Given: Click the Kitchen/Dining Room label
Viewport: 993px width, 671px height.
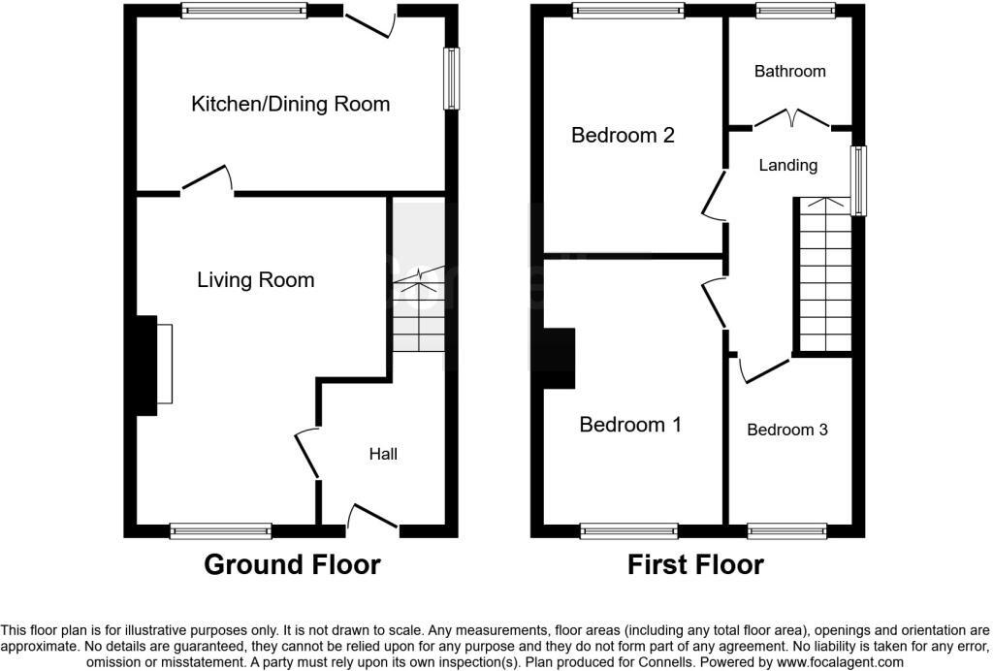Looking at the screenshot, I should click(291, 104).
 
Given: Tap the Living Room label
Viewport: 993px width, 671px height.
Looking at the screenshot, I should click(256, 280).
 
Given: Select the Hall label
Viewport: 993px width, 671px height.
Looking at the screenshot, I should click(383, 454).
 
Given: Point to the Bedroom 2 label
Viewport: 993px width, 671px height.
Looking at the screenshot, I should click(623, 135).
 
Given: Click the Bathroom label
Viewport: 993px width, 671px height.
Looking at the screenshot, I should click(790, 71).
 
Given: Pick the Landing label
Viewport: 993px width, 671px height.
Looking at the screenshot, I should click(787, 165).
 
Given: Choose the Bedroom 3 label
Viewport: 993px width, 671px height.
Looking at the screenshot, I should click(787, 430).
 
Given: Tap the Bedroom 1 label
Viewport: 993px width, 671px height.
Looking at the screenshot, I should click(630, 424).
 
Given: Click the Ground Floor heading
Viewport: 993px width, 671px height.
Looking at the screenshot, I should click(292, 564).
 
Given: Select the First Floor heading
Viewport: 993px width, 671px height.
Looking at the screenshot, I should click(696, 564).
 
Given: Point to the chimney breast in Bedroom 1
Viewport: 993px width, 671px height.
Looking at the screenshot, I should click(560, 359).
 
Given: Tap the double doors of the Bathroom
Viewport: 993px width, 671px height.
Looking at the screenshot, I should click(792, 118).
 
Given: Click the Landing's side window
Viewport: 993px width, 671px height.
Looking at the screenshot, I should click(858, 180).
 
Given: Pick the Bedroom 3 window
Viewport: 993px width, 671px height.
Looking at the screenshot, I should click(786, 530).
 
